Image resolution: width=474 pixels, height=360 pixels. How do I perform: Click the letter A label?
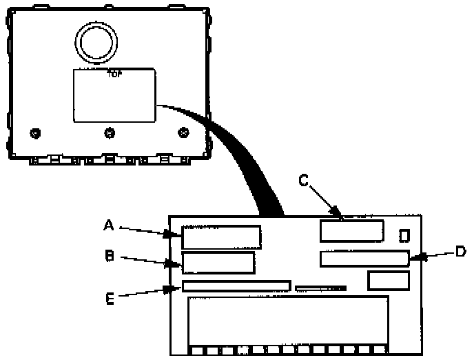(x=107, y=225)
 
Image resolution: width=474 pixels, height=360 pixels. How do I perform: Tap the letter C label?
(x=304, y=181)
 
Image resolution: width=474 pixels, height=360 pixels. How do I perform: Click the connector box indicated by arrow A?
(x=222, y=237)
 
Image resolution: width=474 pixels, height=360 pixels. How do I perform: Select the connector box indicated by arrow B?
(x=218, y=263)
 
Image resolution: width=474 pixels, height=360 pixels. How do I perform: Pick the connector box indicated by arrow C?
(x=352, y=230)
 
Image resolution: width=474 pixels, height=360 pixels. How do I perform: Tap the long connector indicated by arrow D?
(x=364, y=260)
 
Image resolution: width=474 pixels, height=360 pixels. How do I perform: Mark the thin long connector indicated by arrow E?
(x=236, y=286)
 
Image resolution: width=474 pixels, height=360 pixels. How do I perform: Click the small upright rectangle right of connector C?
(x=404, y=236)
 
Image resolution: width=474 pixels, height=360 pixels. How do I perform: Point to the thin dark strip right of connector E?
(x=320, y=287)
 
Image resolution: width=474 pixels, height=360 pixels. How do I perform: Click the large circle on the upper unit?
(x=97, y=42)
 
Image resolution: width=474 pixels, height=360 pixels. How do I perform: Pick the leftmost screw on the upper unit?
(x=35, y=132)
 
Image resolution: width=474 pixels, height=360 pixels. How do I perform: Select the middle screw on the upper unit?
(x=109, y=132)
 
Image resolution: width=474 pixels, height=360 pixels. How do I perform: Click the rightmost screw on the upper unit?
(x=183, y=132)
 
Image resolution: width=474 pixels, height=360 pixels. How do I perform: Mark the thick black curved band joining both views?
(x=240, y=159)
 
